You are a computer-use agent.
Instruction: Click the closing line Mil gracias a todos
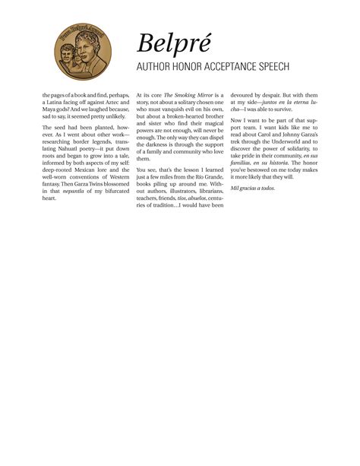pos(253,187)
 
